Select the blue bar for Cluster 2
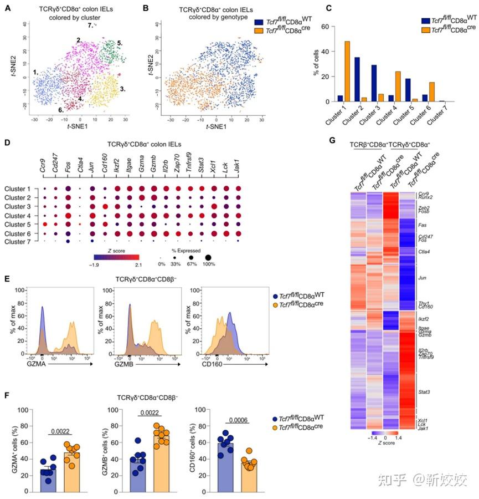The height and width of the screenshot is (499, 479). pos(357,79)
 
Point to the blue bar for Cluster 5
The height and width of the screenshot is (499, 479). pos(407,90)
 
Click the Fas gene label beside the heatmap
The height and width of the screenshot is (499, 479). pos(424,225)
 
